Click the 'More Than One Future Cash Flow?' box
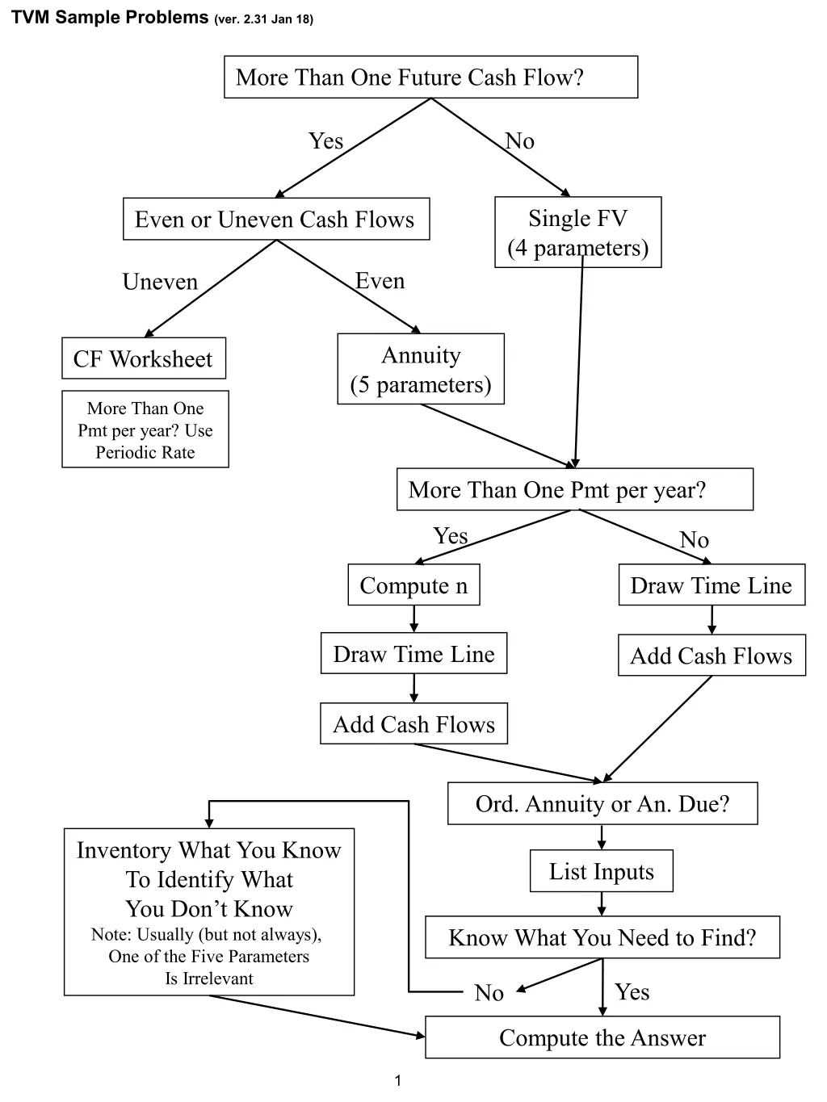(x=430, y=78)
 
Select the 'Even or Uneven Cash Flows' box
(x=275, y=220)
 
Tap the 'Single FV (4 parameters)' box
(x=577, y=233)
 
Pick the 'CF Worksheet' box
(x=144, y=358)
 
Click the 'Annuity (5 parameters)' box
(x=421, y=369)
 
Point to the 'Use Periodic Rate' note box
(x=145, y=429)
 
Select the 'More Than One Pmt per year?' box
(x=574, y=489)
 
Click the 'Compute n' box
(x=413, y=585)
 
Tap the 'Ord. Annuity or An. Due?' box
(x=602, y=803)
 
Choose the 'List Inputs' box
(x=602, y=871)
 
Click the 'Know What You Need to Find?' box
(x=602, y=937)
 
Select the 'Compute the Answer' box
(x=602, y=1037)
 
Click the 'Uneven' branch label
(x=160, y=282)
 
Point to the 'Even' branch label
(x=380, y=281)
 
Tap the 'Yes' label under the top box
(x=325, y=141)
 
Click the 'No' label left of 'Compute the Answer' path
(x=489, y=992)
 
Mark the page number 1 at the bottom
(x=397, y=1081)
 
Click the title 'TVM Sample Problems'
(x=110, y=18)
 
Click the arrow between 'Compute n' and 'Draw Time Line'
(x=413, y=619)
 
